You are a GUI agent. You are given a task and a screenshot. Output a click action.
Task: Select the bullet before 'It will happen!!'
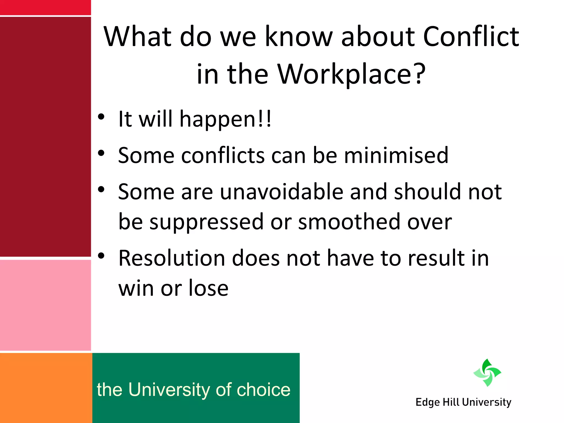click(101, 116)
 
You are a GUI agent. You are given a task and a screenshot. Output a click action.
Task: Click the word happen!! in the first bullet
click(225, 119)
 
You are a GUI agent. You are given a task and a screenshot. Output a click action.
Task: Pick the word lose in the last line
click(208, 288)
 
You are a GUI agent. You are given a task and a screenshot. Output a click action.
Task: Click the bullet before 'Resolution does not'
click(101, 256)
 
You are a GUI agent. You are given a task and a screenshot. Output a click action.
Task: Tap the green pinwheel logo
click(487, 373)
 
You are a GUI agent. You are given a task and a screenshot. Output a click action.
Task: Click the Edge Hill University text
click(463, 402)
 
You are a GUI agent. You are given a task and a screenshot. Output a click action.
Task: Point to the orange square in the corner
click(46, 388)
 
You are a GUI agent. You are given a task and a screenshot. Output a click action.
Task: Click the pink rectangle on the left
click(45, 305)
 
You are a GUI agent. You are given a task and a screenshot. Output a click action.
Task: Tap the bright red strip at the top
click(45, 7)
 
